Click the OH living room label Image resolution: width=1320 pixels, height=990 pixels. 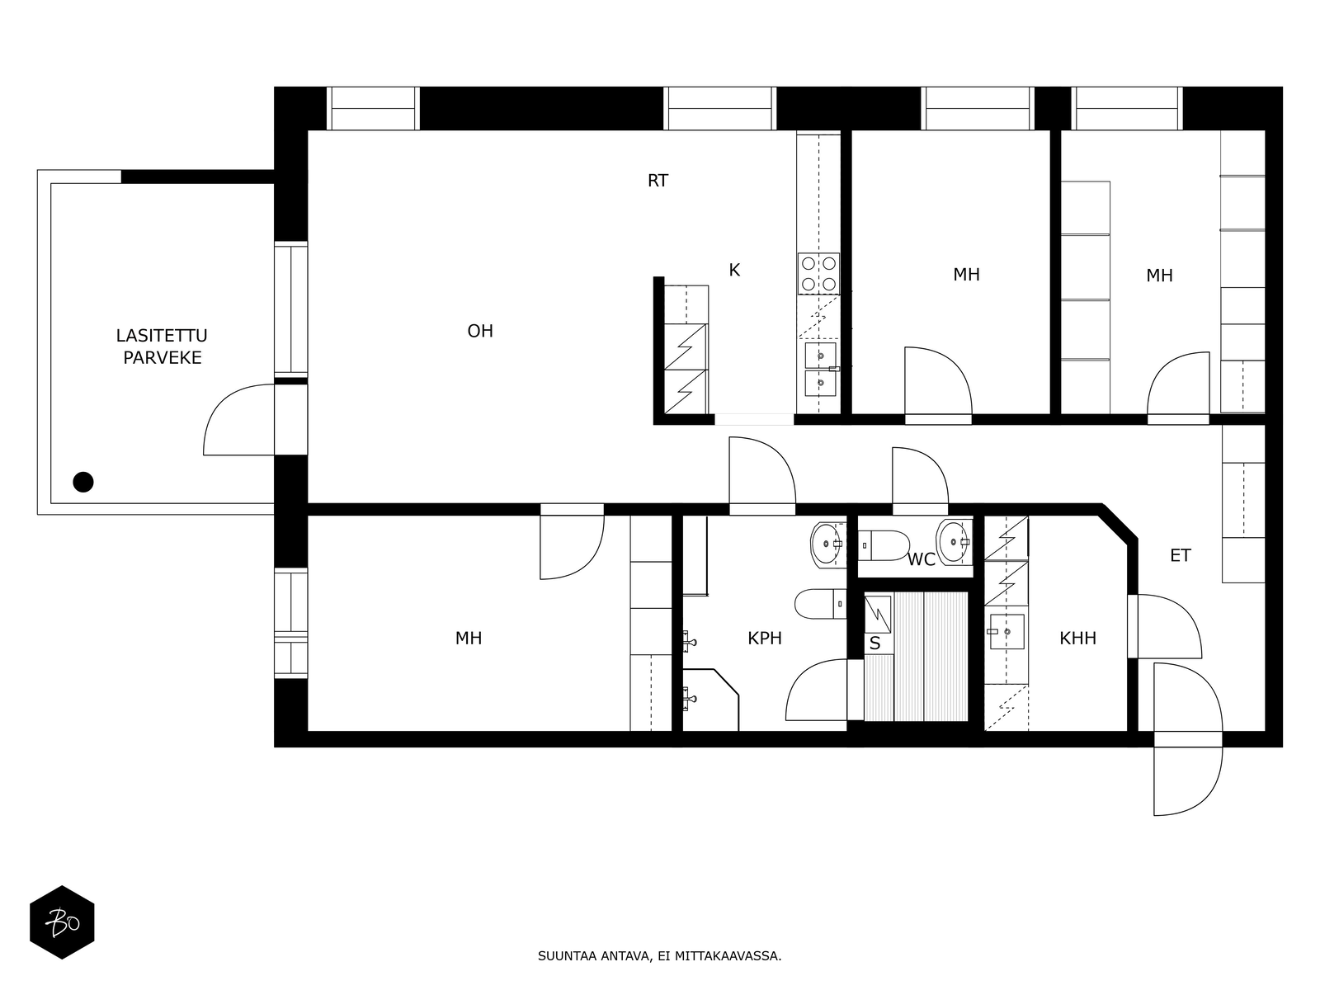coord(480,331)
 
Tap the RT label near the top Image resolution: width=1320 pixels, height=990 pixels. coord(658,181)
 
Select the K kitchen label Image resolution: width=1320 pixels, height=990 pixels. coord(733,271)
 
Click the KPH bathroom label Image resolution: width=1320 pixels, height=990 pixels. coord(764,639)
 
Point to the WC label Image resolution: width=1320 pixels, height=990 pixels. coord(921,559)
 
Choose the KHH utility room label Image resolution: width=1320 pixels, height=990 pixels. coord(1077,639)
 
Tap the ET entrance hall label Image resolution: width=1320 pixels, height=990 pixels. coord(1180,555)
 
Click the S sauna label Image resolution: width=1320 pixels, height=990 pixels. coord(874,643)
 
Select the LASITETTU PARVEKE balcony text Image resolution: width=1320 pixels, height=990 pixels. coord(162,346)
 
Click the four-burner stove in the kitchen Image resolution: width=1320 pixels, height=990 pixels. coord(818,274)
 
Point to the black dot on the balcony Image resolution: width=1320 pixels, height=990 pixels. coord(83,482)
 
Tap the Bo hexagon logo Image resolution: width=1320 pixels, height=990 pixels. coord(62,922)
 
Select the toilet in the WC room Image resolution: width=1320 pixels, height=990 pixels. coord(884,545)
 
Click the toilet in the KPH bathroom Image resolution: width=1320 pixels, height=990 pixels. coord(820,604)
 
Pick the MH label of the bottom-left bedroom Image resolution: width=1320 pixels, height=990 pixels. coord(468,639)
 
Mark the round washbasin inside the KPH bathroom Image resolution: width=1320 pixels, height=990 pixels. coord(828,544)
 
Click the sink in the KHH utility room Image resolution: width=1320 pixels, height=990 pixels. coord(1006,632)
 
